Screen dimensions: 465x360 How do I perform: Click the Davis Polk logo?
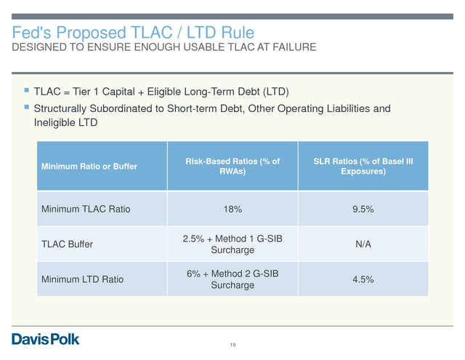[46, 339]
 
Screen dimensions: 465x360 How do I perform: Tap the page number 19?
[232, 345]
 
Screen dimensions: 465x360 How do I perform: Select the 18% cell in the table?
[232, 209]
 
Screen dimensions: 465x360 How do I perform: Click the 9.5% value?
[363, 209]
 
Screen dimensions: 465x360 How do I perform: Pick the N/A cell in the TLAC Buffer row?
[363, 244]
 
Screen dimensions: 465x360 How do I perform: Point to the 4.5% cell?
[363, 279]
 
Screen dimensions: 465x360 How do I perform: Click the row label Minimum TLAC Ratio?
[86, 209]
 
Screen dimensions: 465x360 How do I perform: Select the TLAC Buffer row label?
[67, 244]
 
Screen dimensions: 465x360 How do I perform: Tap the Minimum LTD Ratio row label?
[82, 279]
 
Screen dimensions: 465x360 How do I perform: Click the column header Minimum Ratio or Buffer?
[89, 167]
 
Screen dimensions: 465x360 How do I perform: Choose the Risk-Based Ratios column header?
[232, 167]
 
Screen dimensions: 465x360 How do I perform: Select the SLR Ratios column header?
[363, 167]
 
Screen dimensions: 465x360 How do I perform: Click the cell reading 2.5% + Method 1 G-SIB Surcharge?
[232, 244]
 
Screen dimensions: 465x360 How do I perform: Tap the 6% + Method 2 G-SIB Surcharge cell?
[232, 279]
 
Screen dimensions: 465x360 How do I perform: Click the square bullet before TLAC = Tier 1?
[27, 90]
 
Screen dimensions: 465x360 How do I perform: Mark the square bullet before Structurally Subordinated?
[27, 107]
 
